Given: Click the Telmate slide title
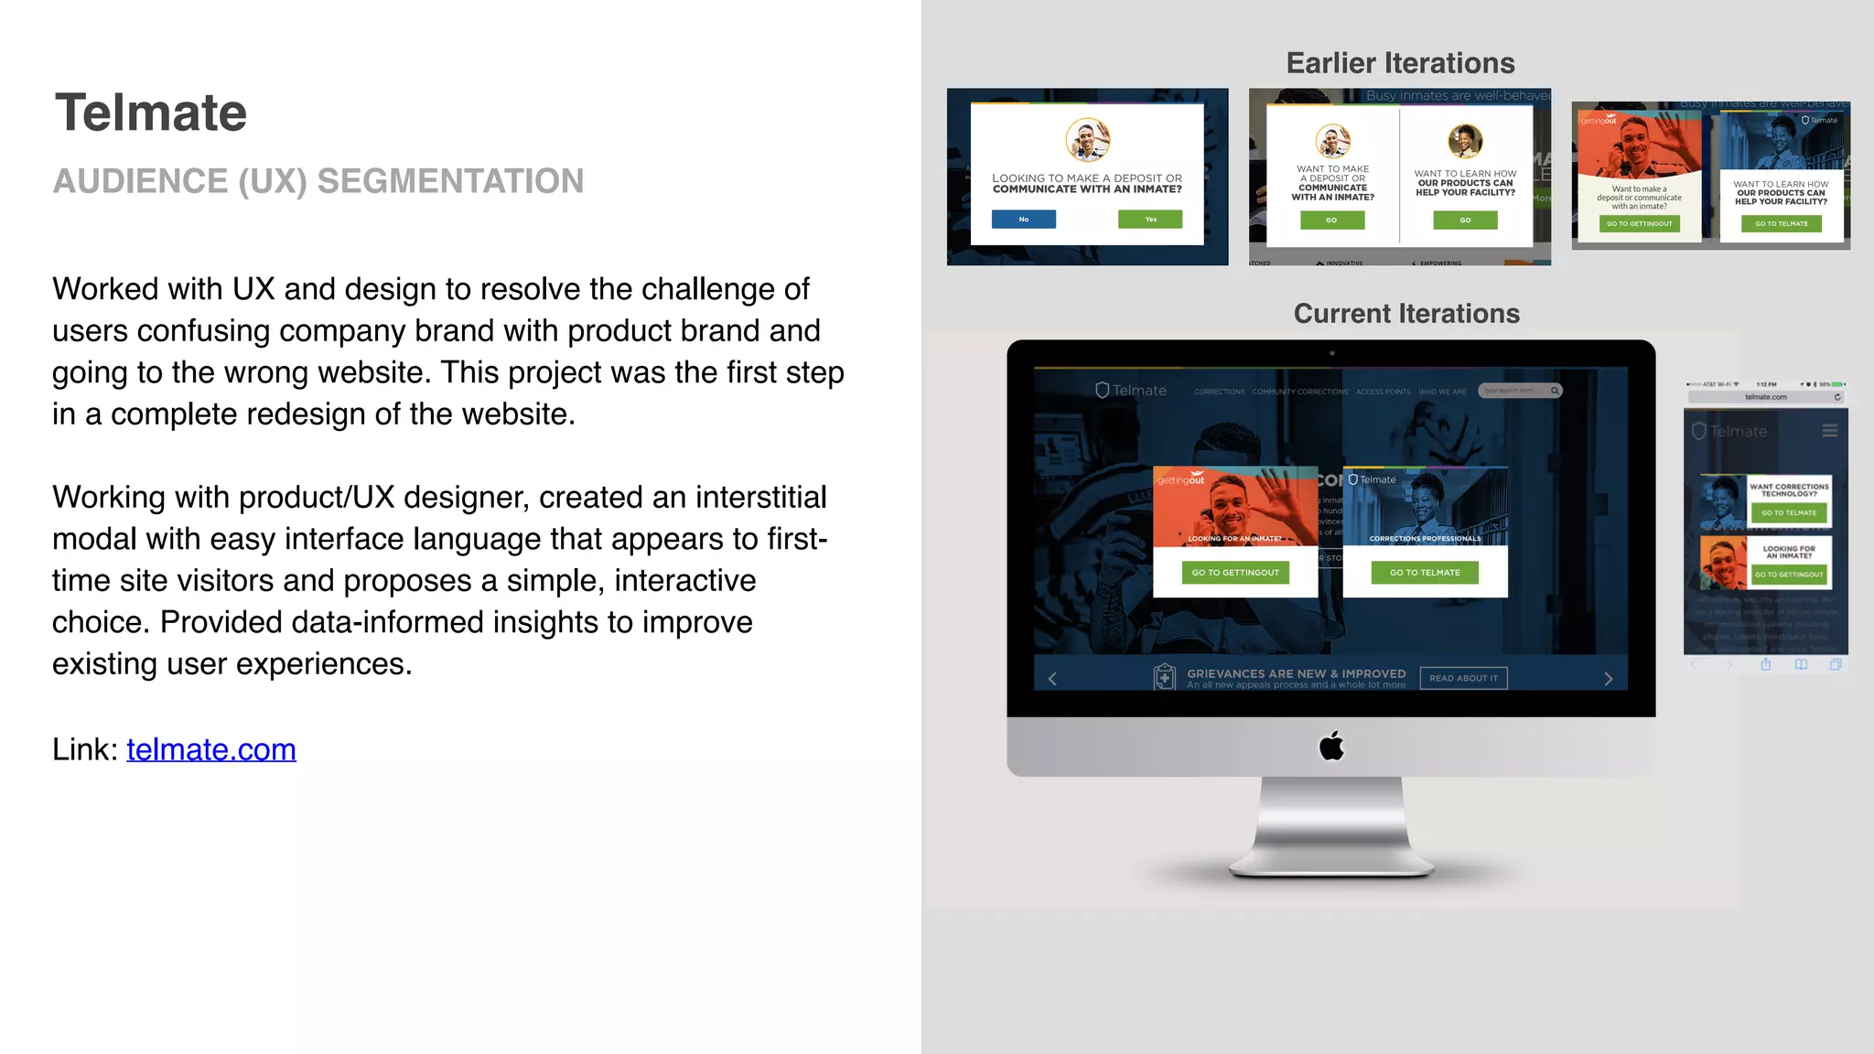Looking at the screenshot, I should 151,113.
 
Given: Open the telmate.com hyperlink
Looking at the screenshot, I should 210,749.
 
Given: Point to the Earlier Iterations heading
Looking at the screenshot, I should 1400,63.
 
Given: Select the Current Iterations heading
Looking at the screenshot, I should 1406,314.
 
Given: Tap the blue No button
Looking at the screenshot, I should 1024,220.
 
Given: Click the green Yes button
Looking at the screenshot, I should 1150,220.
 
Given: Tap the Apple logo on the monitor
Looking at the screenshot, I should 1331,747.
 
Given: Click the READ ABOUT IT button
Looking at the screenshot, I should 1463,678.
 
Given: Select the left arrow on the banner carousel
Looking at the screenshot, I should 1052,679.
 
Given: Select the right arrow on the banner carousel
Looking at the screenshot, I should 1609,679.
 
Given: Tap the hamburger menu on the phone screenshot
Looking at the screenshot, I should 1829,431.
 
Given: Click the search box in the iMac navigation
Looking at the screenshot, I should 1519,391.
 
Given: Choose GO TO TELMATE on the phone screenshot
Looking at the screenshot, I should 1789,513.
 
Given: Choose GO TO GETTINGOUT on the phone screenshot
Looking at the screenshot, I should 1789,575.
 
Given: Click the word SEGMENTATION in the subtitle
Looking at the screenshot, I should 450,181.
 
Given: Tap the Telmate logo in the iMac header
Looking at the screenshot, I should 1131,391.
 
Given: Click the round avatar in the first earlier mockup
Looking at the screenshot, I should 1087,140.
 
